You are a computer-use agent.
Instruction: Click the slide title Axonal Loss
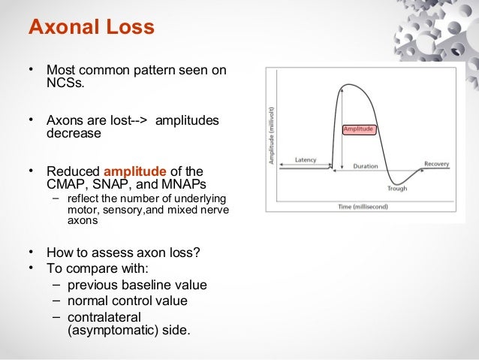click(x=91, y=28)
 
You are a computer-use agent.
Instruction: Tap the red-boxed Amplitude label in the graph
click(x=358, y=129)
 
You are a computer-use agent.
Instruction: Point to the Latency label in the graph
click(x=305, y=159)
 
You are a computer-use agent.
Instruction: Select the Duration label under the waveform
click(x=365, y=165)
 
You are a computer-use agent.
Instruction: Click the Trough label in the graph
click(x=397, y=188)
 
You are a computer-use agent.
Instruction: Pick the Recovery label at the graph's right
click(x=436, y=163)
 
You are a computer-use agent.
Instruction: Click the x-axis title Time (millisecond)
click(x=363, y=205)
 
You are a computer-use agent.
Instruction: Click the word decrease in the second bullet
click(x=74, y=133)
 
